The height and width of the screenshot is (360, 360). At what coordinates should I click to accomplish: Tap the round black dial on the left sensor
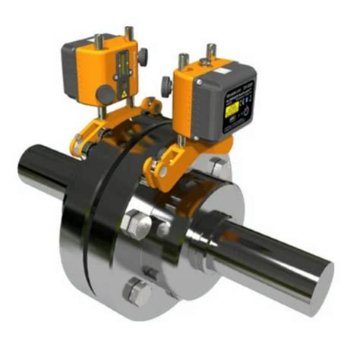click(x=103, y=93)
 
